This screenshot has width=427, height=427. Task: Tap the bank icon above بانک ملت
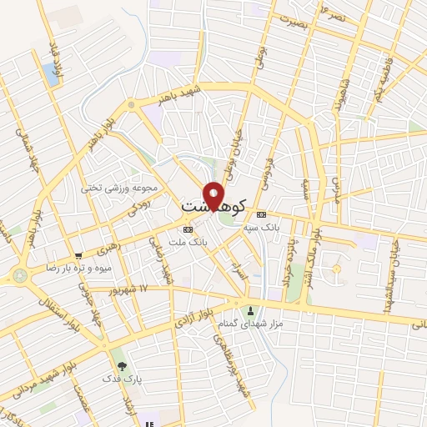tap(188, 228)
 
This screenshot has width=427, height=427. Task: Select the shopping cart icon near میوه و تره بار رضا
tap(78, 255)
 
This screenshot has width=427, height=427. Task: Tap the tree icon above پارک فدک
tap(123, 365)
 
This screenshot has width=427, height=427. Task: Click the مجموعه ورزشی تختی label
tap(113, 188)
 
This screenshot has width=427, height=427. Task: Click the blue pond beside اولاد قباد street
tap(54, 76)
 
